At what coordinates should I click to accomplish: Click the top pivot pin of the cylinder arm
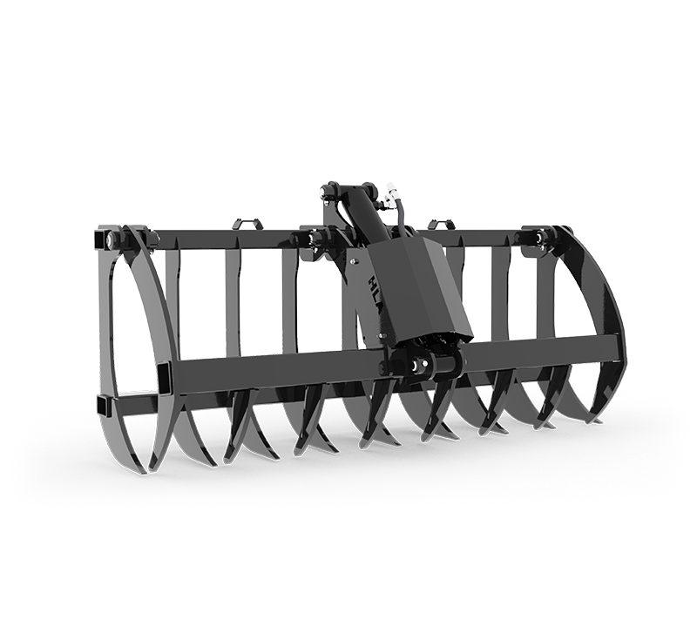(x=331, y=191)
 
